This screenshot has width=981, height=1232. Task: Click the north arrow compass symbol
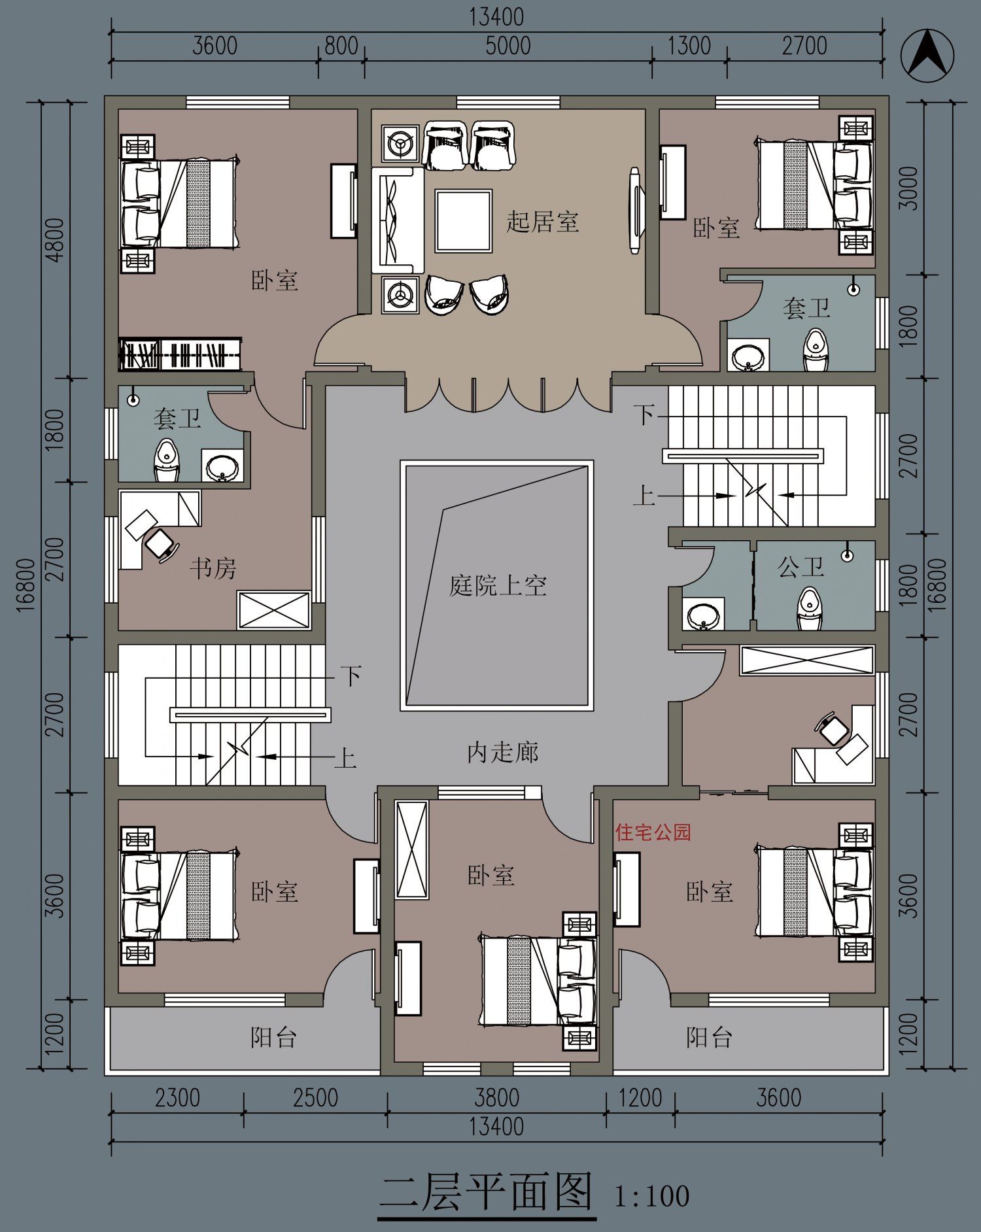(x=927, y=57)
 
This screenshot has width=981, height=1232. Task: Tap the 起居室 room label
(x=542, y=222)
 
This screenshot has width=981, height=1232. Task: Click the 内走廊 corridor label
(x=502, y=753)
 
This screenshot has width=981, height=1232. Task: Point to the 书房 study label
(x=213, y=568)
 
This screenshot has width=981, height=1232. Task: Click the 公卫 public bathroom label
(x=800, y=566)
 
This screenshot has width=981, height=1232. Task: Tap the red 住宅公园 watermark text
(x=653, y=832)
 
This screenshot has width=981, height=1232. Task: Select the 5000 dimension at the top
(x=508, y=46)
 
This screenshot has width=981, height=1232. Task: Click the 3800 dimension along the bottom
(x=497, y=1097)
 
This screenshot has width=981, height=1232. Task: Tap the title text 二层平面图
(x=487, y=1192)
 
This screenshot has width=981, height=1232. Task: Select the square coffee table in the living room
(x=463, y=220)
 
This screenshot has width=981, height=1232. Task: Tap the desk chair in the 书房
(x=161, y=543)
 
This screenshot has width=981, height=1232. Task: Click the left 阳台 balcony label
(x=273, y=1037)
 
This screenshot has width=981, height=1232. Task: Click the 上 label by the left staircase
(x=345, y=759)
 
